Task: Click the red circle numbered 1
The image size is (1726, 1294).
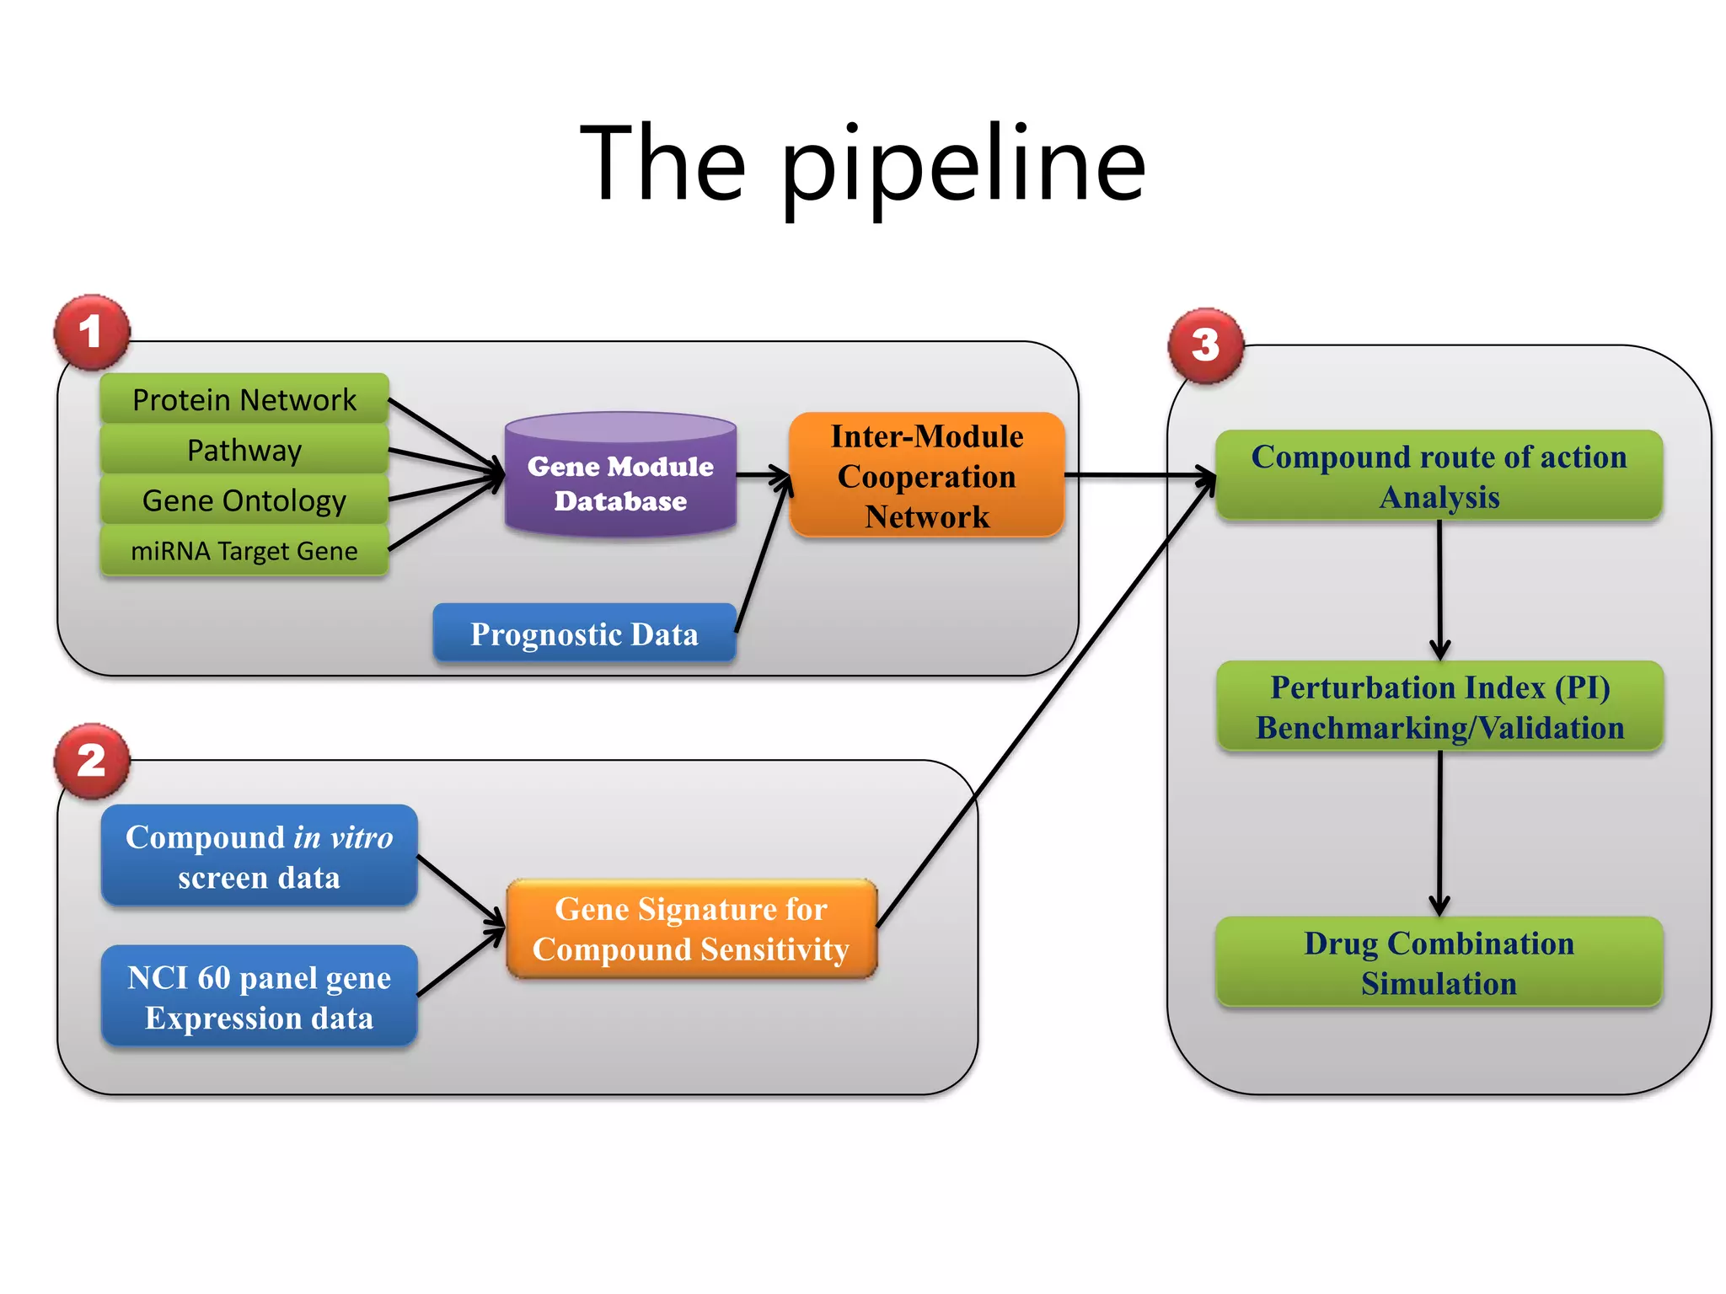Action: [x=92, y=332]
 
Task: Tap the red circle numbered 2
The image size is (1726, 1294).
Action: [x=92, y=761]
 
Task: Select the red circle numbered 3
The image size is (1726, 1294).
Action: [x=1205, y=345]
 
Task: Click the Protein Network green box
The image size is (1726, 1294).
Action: [x=244, y=399]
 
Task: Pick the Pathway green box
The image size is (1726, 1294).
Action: [x=244, y=450]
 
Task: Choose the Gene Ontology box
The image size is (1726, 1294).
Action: [x=244, y=500]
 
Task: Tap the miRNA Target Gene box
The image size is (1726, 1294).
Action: [x=244, y=551]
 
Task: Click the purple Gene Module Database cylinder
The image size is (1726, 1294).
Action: [x=620, y=480]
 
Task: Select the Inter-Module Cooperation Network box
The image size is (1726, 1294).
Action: [x=927, y=476]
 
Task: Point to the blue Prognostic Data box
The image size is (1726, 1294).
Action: [x=584, y=634]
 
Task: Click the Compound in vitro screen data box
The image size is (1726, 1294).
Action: [x=259, y=856]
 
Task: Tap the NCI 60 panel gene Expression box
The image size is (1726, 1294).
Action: [x=259, y=997]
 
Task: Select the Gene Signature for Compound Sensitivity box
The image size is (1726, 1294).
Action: [x=691, y=929]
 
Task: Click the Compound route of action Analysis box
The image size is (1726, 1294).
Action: [x=1439, y=476]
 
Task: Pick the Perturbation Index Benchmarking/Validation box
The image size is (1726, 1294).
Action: [x=1439, y=707]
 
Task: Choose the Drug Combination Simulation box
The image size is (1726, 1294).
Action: [x=1439, y=962]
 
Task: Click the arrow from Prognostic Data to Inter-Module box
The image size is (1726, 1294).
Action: [x=762, y=556]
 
